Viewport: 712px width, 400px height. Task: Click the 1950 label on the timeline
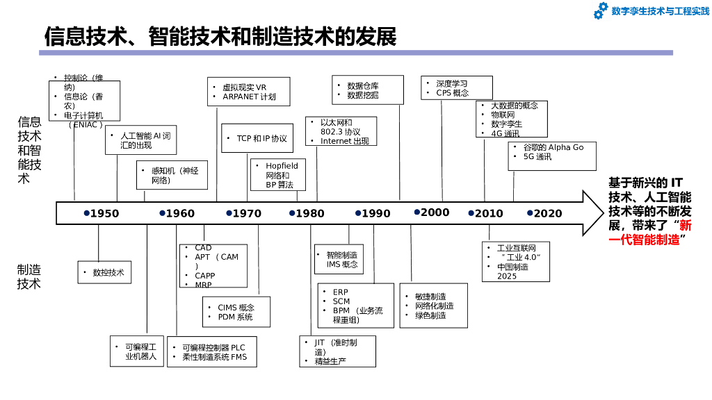pyautogui.click(x=104, y=213)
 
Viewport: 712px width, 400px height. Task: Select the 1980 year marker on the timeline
pyautogui.click(x=310, y=213)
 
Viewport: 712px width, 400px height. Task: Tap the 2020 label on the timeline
pyautogui.click(x=548, y=213)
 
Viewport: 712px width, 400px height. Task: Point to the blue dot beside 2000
pyautogui.click(x=417, y=212)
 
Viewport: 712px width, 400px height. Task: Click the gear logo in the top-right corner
pyautogui.click(x=601, y=10)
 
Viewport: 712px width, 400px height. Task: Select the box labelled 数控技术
pyautogui.click(x=104, y=273)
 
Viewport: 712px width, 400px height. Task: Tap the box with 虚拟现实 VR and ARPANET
pyautogui.click(x=249, y=92)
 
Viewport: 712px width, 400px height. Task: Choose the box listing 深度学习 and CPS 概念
pyautogui.click(x=457, y=88)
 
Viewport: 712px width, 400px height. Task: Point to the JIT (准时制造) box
pyautogui.click(x=338, y=351)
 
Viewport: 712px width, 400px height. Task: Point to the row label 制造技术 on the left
pyautogui.click(x=29, y=276)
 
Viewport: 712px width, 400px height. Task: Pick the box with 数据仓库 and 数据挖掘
pyautogui.click(x=366, y=90)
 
